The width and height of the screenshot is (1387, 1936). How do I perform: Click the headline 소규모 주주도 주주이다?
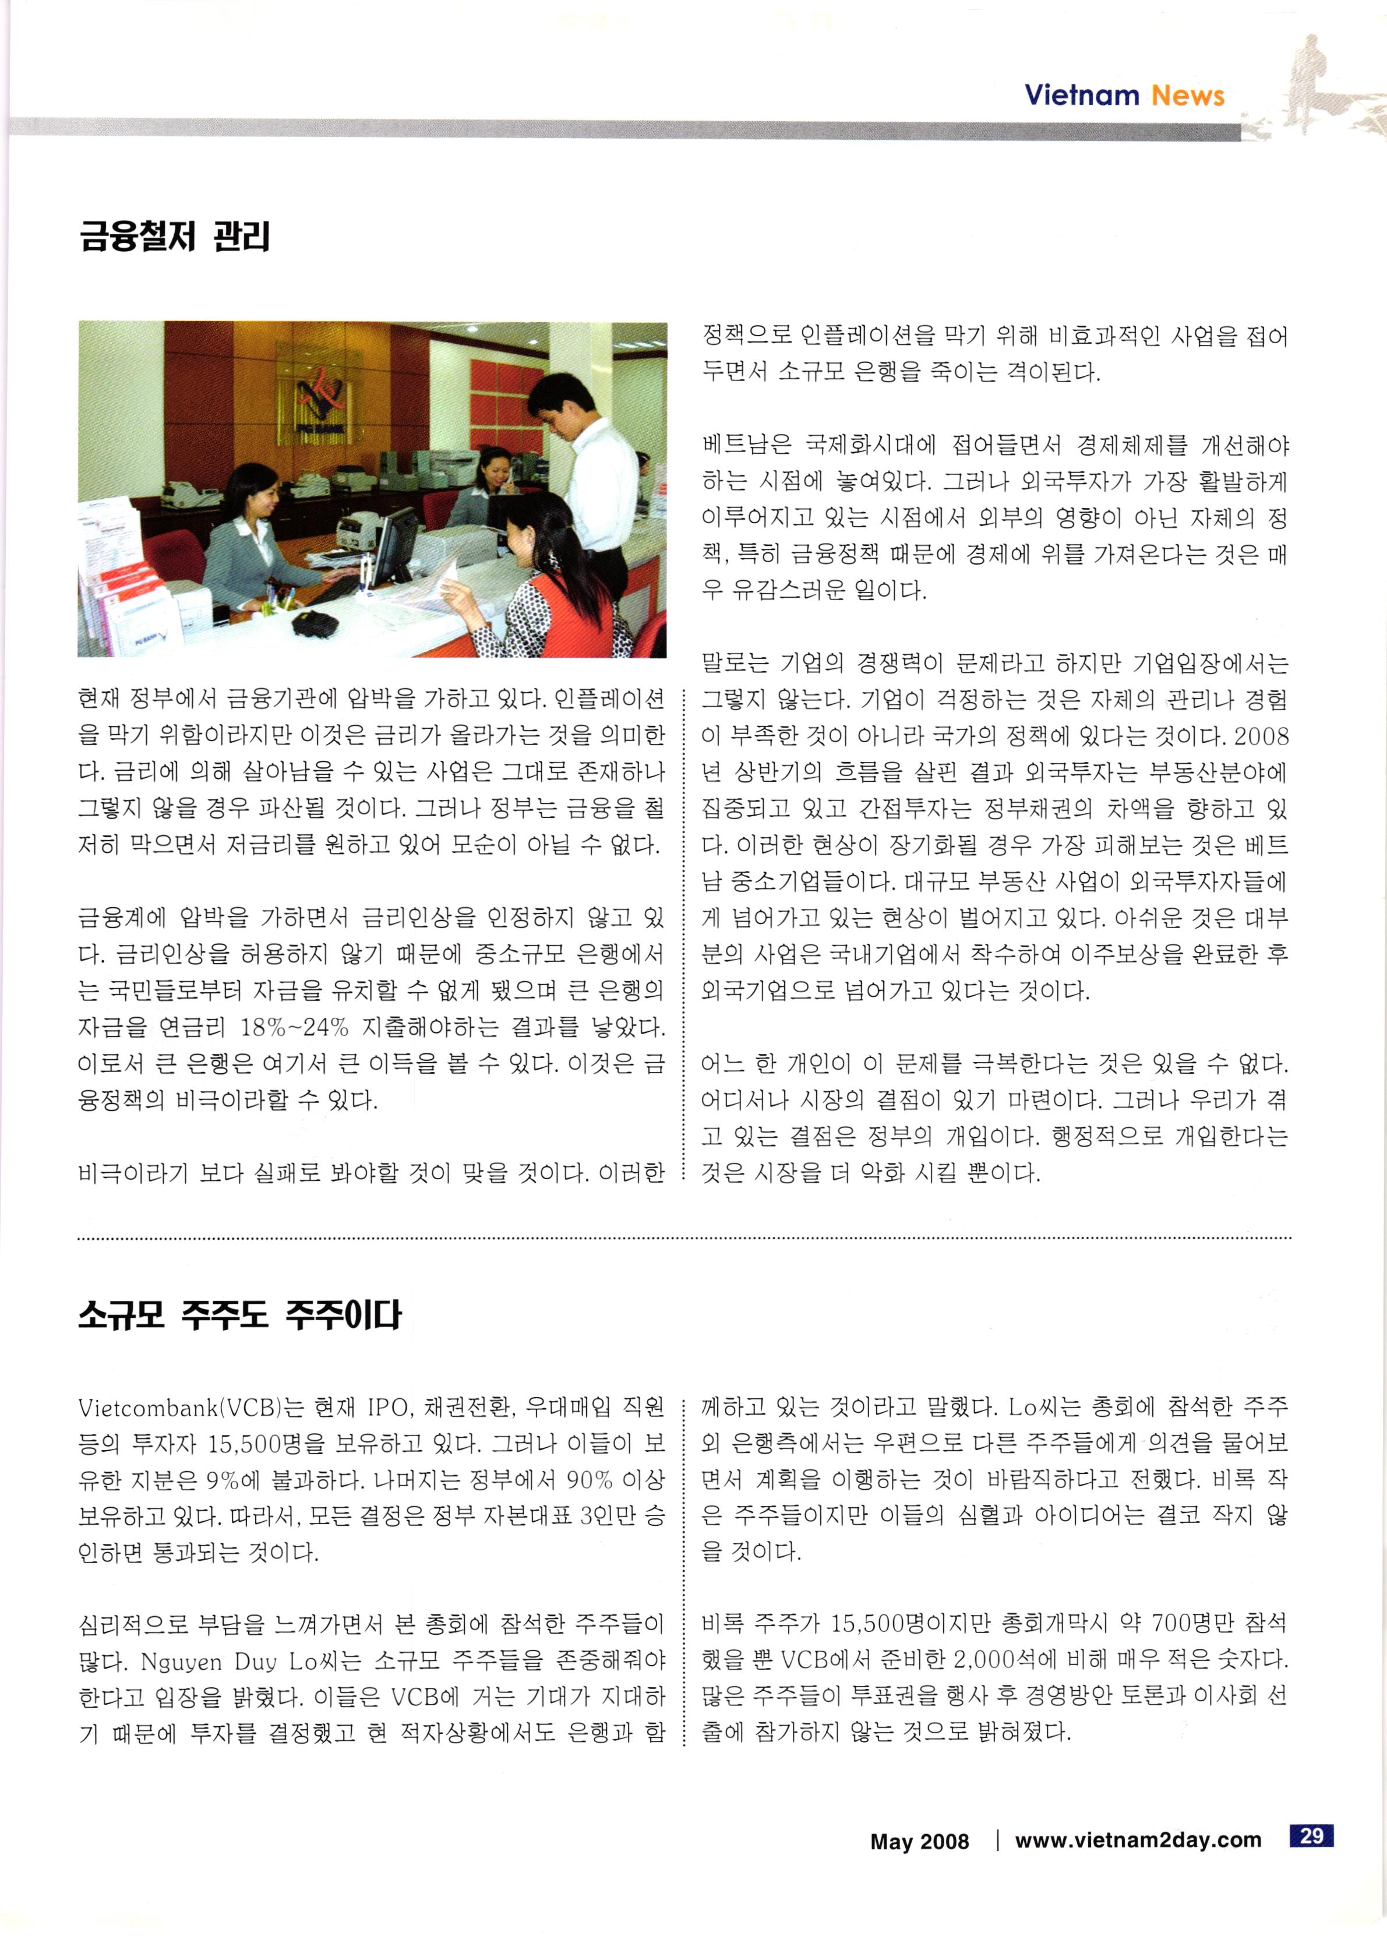239,1314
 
